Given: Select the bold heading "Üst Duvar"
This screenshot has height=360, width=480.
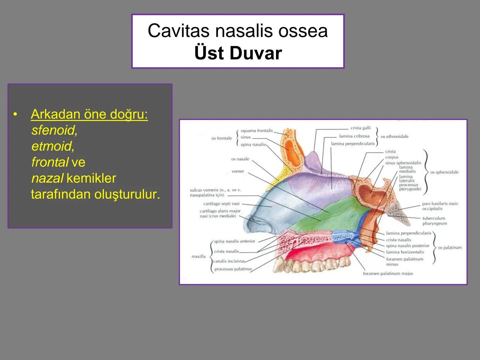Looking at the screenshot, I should (x=238, y=53).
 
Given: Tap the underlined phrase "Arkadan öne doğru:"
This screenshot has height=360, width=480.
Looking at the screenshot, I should (x=89, y=114).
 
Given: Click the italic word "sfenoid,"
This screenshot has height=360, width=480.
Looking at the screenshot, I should (x=54, y=130).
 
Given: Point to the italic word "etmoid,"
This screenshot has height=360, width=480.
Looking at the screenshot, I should (x=53, y=146).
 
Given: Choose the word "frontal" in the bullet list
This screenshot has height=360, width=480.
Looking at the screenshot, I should (x=50, y=162).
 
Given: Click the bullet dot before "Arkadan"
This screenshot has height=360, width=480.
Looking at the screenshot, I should (x=15, y=114).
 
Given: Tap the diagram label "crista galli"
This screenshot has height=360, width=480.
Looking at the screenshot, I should (x=360, y=128).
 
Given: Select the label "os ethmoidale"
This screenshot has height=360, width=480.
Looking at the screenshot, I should (x=394, y=136).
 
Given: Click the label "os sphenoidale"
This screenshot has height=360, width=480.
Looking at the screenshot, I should (x=444, y=172).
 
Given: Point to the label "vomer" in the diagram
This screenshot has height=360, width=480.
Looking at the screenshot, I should (x=238, y=171).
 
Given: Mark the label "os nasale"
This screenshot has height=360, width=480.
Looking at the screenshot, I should (x=240, y=159).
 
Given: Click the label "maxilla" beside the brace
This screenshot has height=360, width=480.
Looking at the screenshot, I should (x=198, y=256).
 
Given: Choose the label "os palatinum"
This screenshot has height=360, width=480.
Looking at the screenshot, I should (x=450, y=248).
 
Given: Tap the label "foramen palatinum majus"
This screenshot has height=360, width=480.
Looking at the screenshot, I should (x=388, y=274).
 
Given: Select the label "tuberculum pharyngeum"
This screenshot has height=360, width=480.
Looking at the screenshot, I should (x=434, y=221).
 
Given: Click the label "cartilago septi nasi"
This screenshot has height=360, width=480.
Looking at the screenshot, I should (x=221, y=204).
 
